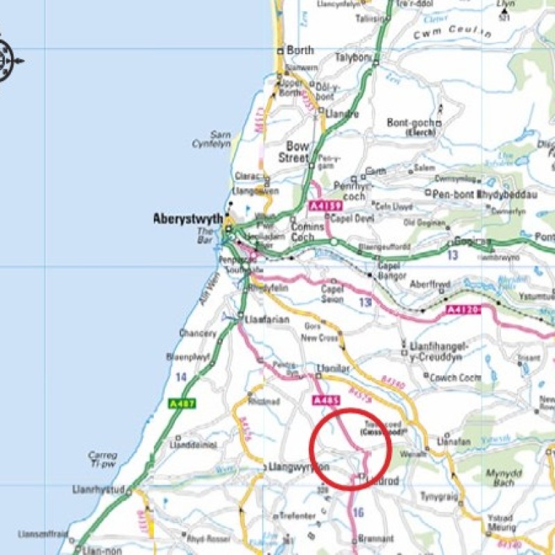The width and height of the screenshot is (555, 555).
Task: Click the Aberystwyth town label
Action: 187,219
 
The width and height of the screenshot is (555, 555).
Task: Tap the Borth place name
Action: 300,51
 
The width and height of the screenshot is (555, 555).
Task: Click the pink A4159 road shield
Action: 323,205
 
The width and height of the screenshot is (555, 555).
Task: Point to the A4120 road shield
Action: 462,309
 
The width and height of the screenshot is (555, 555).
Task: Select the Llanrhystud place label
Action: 97,490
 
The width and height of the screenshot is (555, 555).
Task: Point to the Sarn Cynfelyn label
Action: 210,139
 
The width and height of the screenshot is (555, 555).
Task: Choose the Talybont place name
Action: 352,58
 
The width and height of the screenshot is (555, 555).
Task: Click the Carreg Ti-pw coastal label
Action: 102,460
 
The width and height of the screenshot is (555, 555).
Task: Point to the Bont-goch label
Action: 410,123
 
